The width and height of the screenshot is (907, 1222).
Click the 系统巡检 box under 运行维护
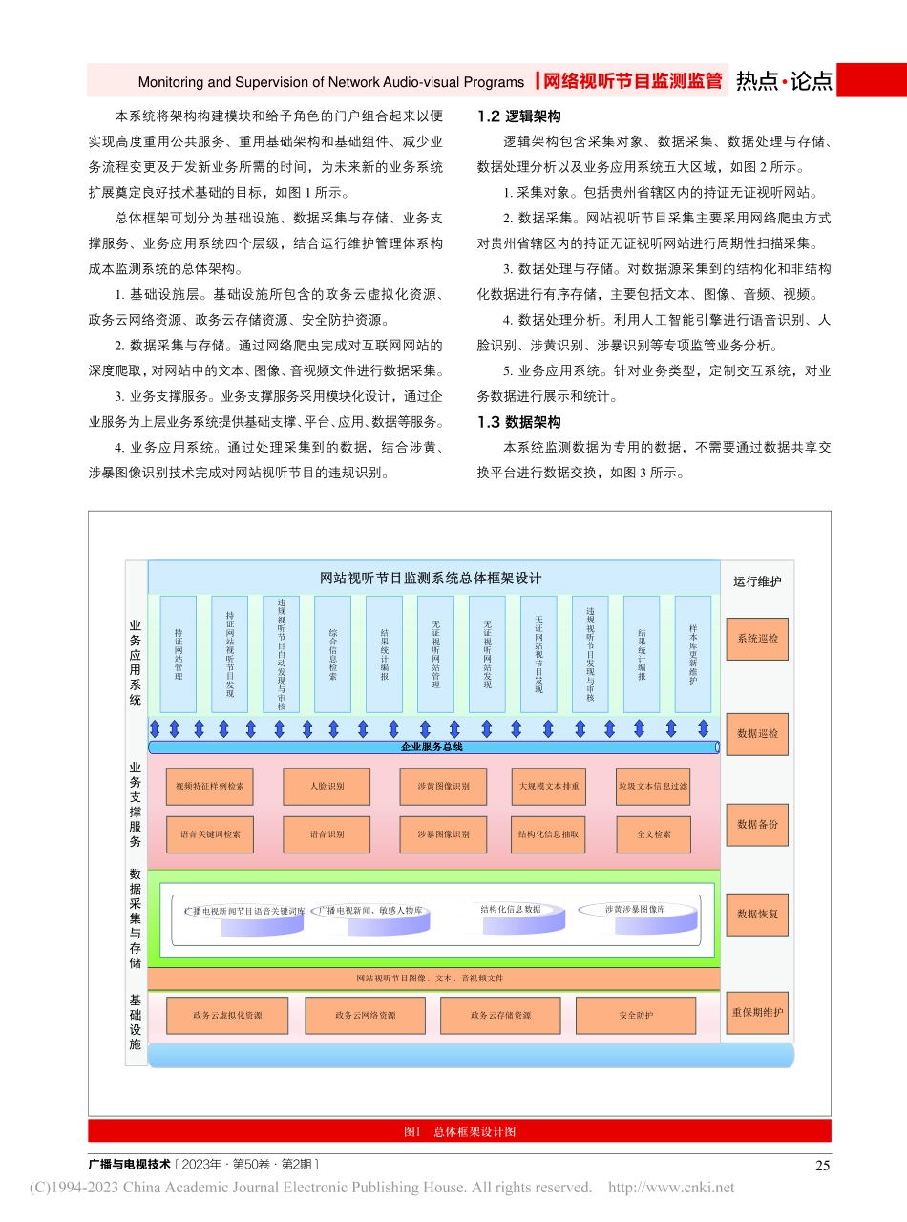758,639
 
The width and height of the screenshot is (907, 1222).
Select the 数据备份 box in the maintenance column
758,824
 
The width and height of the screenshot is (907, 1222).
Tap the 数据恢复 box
758,914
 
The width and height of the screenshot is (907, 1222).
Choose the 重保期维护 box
758,1012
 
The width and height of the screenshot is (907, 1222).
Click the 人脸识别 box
327,787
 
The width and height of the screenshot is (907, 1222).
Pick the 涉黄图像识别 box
443,787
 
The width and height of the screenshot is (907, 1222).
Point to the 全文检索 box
653,834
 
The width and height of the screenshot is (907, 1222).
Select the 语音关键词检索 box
210,834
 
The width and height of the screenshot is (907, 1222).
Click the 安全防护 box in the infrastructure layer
636,1015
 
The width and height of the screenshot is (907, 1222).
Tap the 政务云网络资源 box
366,1015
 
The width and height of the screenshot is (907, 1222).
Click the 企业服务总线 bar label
432,747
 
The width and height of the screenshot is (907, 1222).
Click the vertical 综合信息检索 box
332,654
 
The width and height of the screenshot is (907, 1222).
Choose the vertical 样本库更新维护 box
693,654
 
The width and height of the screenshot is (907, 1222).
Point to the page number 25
822,1165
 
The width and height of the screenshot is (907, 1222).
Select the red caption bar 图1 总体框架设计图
459,1131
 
